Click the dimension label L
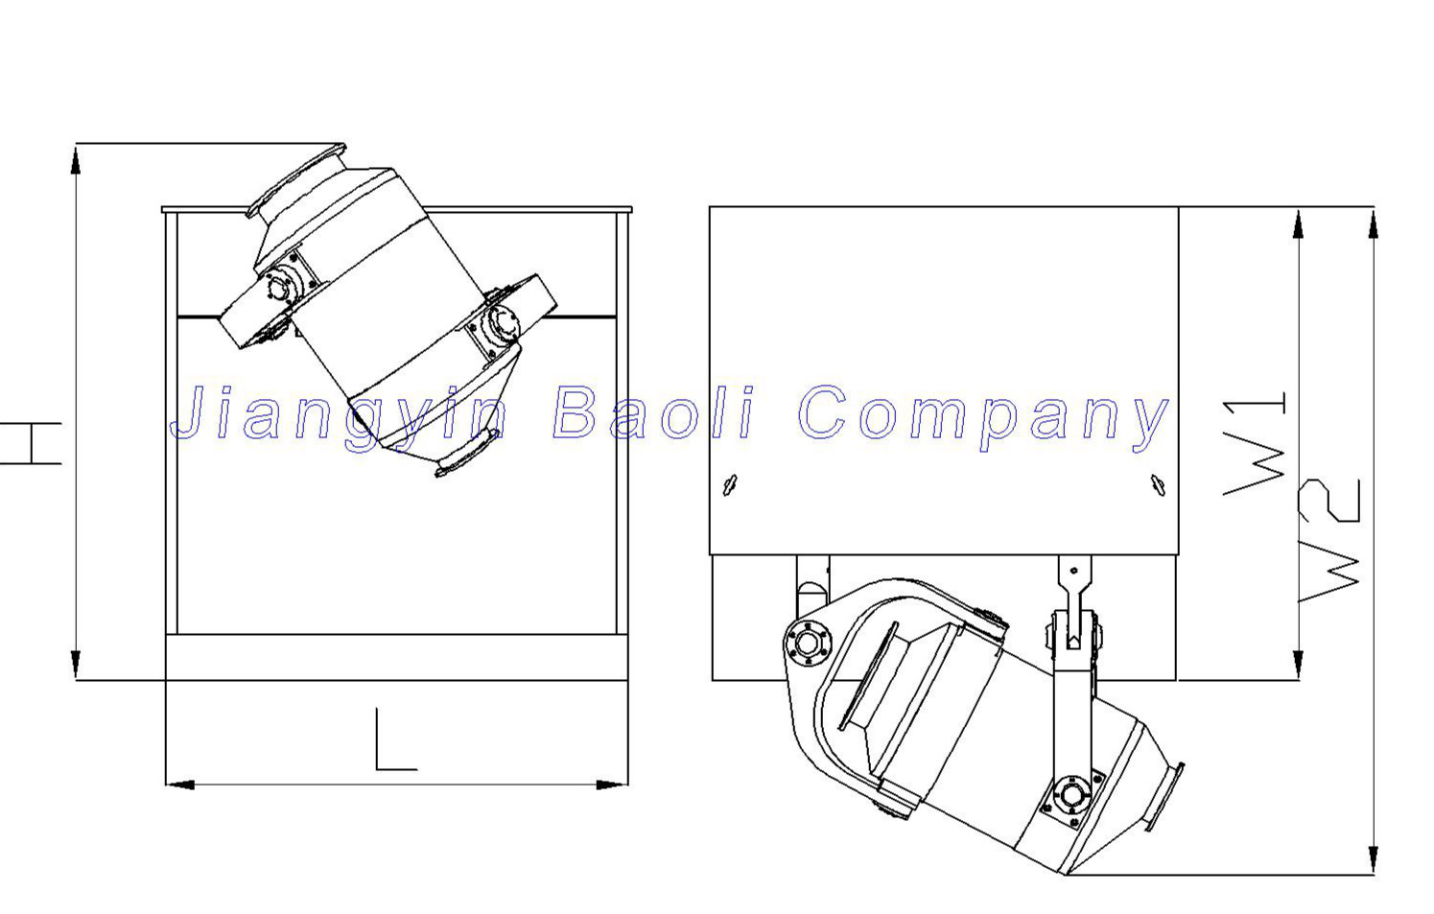394,740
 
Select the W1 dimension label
1257,444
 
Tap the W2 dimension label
1331,539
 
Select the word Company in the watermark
983,416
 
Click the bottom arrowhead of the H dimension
76,664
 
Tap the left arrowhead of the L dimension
180,785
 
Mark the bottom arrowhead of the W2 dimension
1374,859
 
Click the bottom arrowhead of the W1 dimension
1298,665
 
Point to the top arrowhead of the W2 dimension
1374,223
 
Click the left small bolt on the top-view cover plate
729,484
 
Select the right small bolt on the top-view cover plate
1159,484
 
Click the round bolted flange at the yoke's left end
808,643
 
